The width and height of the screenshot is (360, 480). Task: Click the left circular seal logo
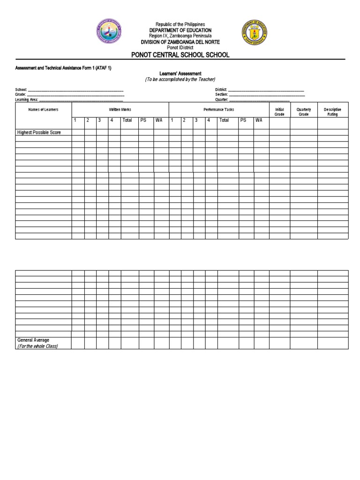tap(109, 31)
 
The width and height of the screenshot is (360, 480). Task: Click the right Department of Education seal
tap(255, 32)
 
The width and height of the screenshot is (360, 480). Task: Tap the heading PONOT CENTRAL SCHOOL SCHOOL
tap(180, 55)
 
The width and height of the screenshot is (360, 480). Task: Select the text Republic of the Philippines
tap(180, 24)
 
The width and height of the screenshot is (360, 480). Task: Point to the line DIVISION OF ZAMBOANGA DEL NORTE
tap(180, 42)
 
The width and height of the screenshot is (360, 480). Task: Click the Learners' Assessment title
tap(180, 74)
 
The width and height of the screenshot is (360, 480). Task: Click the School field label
tap(21, 90)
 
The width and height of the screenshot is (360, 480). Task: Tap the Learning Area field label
tap(26, 100)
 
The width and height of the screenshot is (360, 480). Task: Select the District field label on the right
tap(221, 90)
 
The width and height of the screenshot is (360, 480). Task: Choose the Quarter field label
tap(222, 100)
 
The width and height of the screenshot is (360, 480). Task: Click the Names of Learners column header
tap(43, 110)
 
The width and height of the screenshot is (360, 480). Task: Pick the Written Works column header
tap(120, 110)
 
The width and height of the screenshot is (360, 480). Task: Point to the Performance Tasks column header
tap(218, 110)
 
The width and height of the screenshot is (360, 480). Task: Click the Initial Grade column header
tap(279, 112)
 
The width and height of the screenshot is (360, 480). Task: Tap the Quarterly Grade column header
tap(304, 112)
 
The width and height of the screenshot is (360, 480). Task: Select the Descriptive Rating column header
tap(333, 112)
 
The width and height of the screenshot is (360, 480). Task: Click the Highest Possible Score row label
tap(39, 133)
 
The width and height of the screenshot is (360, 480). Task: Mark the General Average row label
tap(33, 340)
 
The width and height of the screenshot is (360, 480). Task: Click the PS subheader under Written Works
tap(143, 120)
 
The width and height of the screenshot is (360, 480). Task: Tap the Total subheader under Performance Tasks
tap(224, 120)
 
